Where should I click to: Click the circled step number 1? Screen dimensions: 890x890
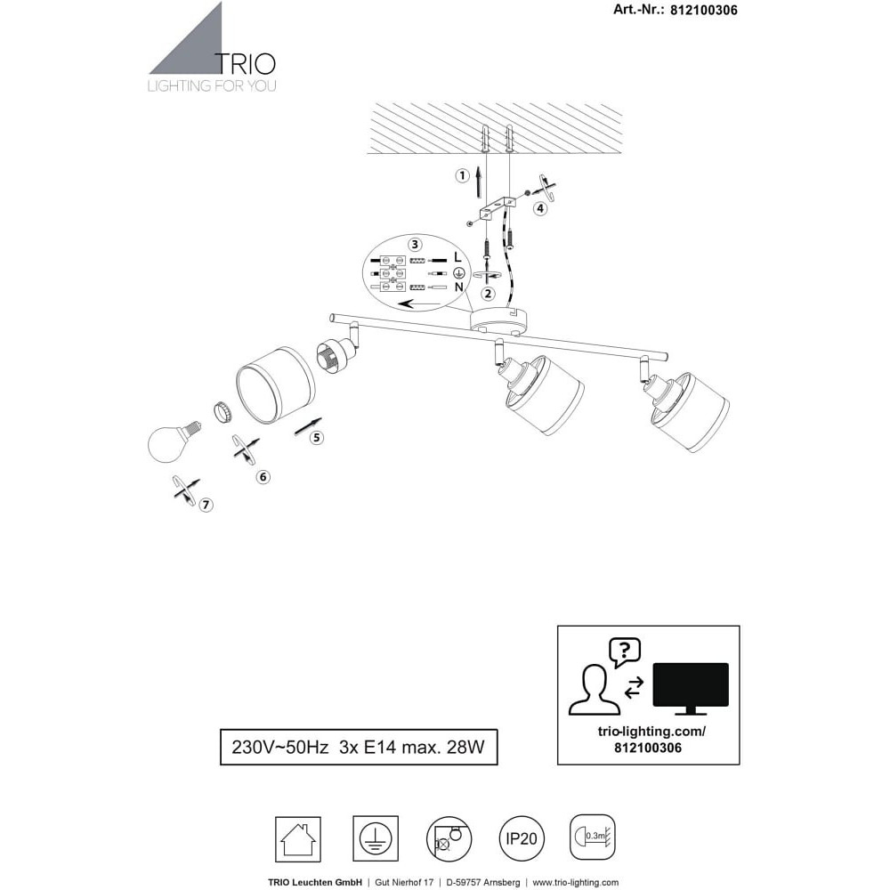[463, 176]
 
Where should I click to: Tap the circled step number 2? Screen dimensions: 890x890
[488, 294]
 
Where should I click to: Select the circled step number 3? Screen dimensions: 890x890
[416, 245]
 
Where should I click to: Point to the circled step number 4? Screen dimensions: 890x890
[540, 209]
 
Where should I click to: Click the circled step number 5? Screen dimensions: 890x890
[317, 438]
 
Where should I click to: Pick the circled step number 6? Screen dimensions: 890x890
[263, 477]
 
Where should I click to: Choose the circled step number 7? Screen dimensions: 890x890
[206, 505]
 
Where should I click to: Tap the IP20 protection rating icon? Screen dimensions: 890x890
[521, 838]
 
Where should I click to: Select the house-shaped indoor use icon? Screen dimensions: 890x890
[298, 839]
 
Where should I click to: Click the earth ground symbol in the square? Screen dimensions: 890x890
[376, 839]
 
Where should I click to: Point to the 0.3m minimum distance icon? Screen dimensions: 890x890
[593, 837]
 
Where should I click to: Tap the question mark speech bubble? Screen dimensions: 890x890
[625, 652]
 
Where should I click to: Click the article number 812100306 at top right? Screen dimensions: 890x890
[704, 10]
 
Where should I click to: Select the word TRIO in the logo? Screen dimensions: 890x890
[246, 64]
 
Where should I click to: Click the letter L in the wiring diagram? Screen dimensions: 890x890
[458, 257]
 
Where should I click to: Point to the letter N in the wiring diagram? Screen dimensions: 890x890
[458, 287]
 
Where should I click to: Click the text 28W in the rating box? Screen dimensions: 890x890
[466, 747]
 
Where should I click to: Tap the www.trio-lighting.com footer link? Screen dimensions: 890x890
[576, 883]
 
